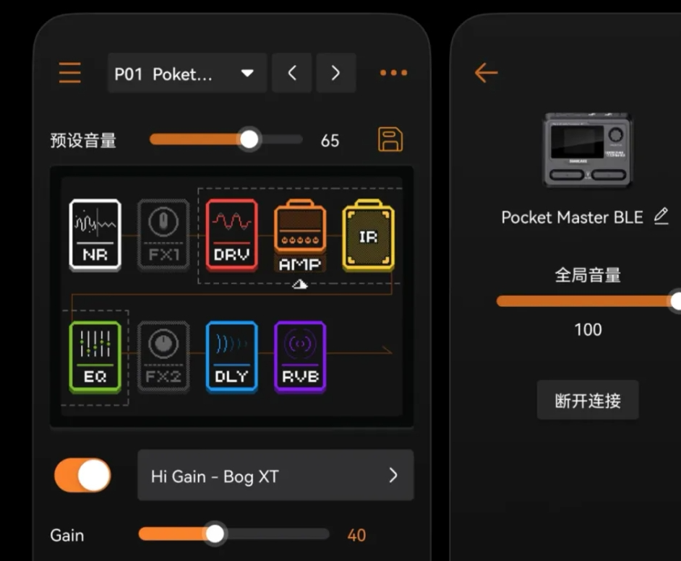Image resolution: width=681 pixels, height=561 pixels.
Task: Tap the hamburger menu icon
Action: [70, 73]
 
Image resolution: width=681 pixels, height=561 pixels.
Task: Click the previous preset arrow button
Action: [291, 73]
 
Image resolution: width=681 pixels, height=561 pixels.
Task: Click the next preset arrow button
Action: [335, 73]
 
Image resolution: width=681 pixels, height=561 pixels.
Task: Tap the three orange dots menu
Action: [393, 73]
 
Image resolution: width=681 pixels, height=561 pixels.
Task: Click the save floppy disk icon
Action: [390, 139]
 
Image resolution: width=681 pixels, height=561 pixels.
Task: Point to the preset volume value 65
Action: [330, 141]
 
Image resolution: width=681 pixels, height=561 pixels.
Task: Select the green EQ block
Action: [95, 357]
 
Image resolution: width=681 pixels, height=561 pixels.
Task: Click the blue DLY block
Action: [231, 357]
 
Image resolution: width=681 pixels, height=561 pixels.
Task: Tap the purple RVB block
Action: [300, 357]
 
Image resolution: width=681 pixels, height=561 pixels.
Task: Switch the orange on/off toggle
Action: [83, 476]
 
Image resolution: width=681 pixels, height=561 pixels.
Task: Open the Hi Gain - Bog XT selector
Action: [275, 475]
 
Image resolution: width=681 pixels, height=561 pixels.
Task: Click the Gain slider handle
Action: [215, 534]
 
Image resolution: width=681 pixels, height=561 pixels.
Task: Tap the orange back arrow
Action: [486, 72]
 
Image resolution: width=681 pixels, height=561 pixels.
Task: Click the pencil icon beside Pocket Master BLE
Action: [661, 217]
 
